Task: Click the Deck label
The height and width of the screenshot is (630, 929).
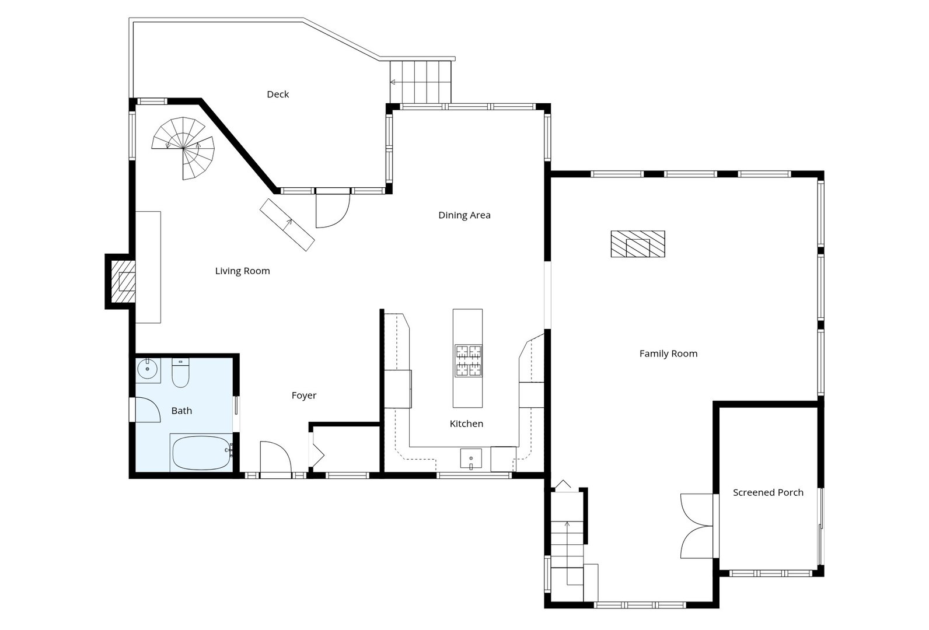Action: pyautogui.click(x=278, y=94)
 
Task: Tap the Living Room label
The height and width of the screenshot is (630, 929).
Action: pyautogui.click(x=243, y=271)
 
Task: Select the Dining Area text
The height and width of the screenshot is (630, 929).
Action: pyautogui.click(x=464, y=215)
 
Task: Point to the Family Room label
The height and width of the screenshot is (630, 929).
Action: pyautogui.click(x=669, y=353)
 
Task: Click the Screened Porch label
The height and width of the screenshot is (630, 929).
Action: pyautogui.click(x=768, y=492)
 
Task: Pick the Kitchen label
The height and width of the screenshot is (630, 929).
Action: pyautogui.click(x=467, y=423)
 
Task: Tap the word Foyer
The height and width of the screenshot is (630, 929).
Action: pyautogui.click(x=304, y=395)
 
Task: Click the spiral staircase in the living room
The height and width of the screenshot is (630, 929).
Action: pyautogui.click(x=183, y=148)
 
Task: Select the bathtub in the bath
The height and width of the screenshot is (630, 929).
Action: pyautogui.click(x=201, y=453)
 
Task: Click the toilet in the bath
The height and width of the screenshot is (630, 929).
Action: pyautogui.click(x=180, y=373)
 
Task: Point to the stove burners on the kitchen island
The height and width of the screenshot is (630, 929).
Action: pyautogui.click(x=469, y=360)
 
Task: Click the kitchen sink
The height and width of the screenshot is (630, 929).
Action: pyautogui.click(x=471, y=459)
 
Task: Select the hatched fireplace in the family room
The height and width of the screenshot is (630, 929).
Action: pyautogui.click(x=638, y=244)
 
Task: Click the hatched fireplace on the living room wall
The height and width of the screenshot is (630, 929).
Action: pyautogui.click(x=124, y=281)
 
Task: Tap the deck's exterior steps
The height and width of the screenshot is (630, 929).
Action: pyautogui.click(x=420, y=82)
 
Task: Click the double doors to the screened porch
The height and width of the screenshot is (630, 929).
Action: pyautogui.click(x=697, y=526)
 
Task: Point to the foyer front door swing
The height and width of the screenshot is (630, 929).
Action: pyautogui.click(x=276, y=457)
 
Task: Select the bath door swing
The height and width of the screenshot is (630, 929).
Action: pyautogui.click(x=148, y=409)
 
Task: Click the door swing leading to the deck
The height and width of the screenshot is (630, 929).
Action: pyautogui.click(x=333, y=211)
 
